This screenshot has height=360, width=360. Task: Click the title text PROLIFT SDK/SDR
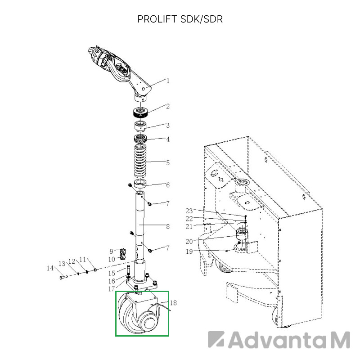(180, 20)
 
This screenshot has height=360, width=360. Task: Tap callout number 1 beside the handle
(168, 81)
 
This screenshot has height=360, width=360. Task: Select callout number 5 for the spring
(168, 162)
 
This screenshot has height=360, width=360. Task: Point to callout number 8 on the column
(168, 227)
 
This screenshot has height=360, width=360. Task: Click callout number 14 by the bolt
(50, 268)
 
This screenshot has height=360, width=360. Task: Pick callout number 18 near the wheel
(174, 303)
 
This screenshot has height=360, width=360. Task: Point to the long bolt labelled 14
(63, 277)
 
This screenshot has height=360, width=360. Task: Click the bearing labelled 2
(141, 112)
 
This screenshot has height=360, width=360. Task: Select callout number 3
(168, 125)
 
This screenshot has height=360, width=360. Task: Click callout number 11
(82, 259)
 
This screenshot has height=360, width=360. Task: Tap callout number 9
(112, 251)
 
